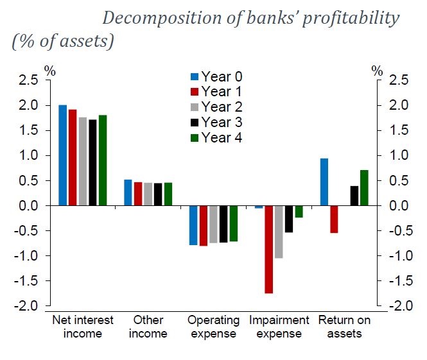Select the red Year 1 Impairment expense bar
[268, 250]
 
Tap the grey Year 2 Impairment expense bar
[279, 232]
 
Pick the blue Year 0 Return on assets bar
[324, 182]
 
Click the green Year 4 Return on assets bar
[364, 188]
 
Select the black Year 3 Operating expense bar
[223, 224]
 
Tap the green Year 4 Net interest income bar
[103, 160]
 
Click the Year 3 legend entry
[216, 122]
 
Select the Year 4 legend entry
[216, 137]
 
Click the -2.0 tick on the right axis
[396, 306]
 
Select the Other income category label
[148, 327]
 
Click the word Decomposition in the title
[163, 18]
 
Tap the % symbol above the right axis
[378, 71]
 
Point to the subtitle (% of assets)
[63, 42]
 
